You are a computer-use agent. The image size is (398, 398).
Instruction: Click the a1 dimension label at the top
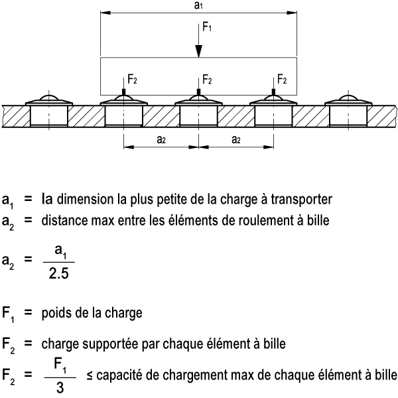(198, 5)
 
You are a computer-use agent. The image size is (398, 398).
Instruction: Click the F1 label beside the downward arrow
(207, 27)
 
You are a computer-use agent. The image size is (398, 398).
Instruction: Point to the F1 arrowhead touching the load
(199, 51)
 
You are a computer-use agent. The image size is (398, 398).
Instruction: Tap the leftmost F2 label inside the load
(132, 79)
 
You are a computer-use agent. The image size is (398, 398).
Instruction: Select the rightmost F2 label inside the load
(282, 79)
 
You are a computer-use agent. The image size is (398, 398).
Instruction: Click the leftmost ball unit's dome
(49, 98)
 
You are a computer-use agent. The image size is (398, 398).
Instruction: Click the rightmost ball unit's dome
(348, 98)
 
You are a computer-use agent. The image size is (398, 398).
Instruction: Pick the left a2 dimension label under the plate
(161, 139)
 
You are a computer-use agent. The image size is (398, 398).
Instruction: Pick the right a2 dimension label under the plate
(236, 139)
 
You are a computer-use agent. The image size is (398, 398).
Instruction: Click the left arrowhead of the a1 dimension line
(105, 13)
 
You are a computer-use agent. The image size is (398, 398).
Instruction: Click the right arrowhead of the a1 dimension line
(292, 13)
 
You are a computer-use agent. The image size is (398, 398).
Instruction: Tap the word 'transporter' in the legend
(301, 200)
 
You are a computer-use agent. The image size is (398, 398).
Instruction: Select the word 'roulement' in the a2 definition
(257, 220)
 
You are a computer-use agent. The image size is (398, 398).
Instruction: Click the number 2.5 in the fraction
(58, 274)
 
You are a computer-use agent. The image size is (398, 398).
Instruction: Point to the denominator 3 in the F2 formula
(60, 388)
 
